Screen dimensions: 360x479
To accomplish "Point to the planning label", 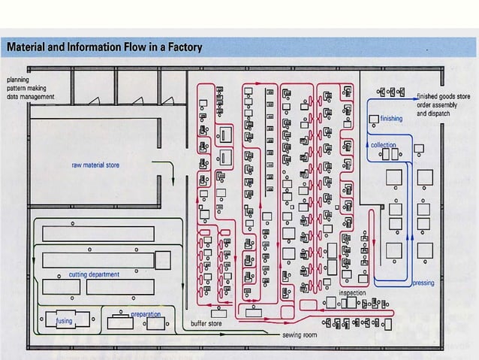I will pyautogui.click(x=19, y=79).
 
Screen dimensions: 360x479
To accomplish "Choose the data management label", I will pyautogui.click(x=30, y=97).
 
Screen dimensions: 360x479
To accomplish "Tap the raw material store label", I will pyautogui.click(x=95, y=165).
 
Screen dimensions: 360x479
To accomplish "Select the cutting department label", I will pyautogui.click(x=94, y=275).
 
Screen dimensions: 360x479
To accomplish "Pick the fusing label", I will pyautogui.click(x=64, y=321).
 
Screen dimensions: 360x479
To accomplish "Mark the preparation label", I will pyautogui.click(x=146, y=313).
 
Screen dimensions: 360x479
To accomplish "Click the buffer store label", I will pyautogui.click(x=206, y=324).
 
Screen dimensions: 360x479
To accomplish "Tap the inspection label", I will pyautogui.click(x=352, y=292).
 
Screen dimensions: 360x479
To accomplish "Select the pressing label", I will pyautogui.click(x=423, y=284).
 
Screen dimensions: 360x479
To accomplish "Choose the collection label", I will pyautogui.click(x=384, y=145).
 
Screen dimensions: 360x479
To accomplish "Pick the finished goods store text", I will pyautogui.click(x=444, y=97).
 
